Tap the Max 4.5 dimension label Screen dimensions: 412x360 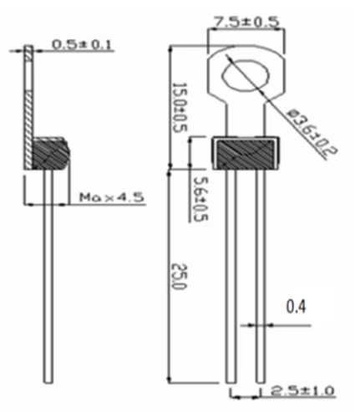pyautogui.click(x=112, y=197)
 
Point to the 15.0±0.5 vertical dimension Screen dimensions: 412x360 pyautogui.click(x=179, y=108)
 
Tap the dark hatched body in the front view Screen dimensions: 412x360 pyautogui.click(x=246, y=152)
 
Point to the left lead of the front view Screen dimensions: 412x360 pyautogui.click(x=231, y=276)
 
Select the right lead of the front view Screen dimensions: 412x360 pyautogui.click(x=261, y=276)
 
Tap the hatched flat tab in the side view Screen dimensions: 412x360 pyautogui.click(x=29, y=92)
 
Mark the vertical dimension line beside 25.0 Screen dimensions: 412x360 pyautogui.click(x=170, y=276)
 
